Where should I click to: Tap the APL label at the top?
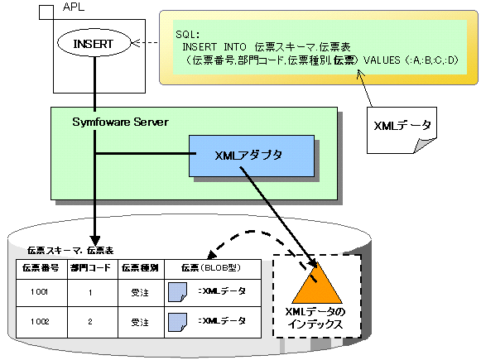[x=74, y=7]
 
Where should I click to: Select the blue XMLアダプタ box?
[x=252, y=156]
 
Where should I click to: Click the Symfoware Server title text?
[x=120, y=122]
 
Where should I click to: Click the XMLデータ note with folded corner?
[x=402, y=130]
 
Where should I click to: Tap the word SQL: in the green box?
[x=187, y=34]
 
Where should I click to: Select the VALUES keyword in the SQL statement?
[x=382, y=60]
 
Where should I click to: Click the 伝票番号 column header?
[x=41, y=268]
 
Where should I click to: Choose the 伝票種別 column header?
[x=140, y=268]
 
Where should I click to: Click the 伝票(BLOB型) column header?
[x=211, y=268]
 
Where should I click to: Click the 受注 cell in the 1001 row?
[x=140, y=292]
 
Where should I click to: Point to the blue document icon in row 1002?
[x=178, y=322]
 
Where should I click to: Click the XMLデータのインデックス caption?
[x=315, y=318]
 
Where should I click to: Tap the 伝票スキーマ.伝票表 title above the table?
[x=70, y=251]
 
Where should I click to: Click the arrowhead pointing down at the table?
[x=95, y=241]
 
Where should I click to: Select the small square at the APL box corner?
[x=46, y=12]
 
